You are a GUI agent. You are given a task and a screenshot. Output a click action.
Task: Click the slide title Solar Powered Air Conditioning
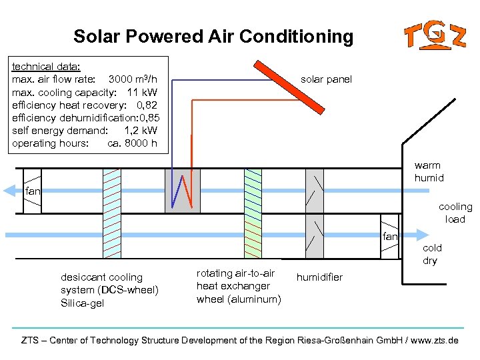tap(213, 36)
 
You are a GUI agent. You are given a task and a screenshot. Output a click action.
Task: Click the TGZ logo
tap(434, 35)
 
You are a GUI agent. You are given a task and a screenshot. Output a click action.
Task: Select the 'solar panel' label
tap(326, 79)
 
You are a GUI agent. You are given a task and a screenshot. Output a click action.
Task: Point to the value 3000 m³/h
tap(133, 79)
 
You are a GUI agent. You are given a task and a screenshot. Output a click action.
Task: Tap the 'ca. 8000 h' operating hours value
tap(132, 143)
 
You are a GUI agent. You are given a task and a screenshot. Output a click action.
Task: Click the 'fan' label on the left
tap(33, 192)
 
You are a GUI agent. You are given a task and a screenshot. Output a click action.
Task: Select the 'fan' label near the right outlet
tap(390, 236)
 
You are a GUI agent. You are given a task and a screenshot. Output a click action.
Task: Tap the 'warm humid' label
tap(429, 171)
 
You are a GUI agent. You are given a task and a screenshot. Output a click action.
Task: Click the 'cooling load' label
tap(455, 213)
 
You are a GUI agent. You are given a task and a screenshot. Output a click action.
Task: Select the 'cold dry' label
tap(431, 254)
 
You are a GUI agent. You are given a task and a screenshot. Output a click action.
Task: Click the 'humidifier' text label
tap(319, 277)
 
